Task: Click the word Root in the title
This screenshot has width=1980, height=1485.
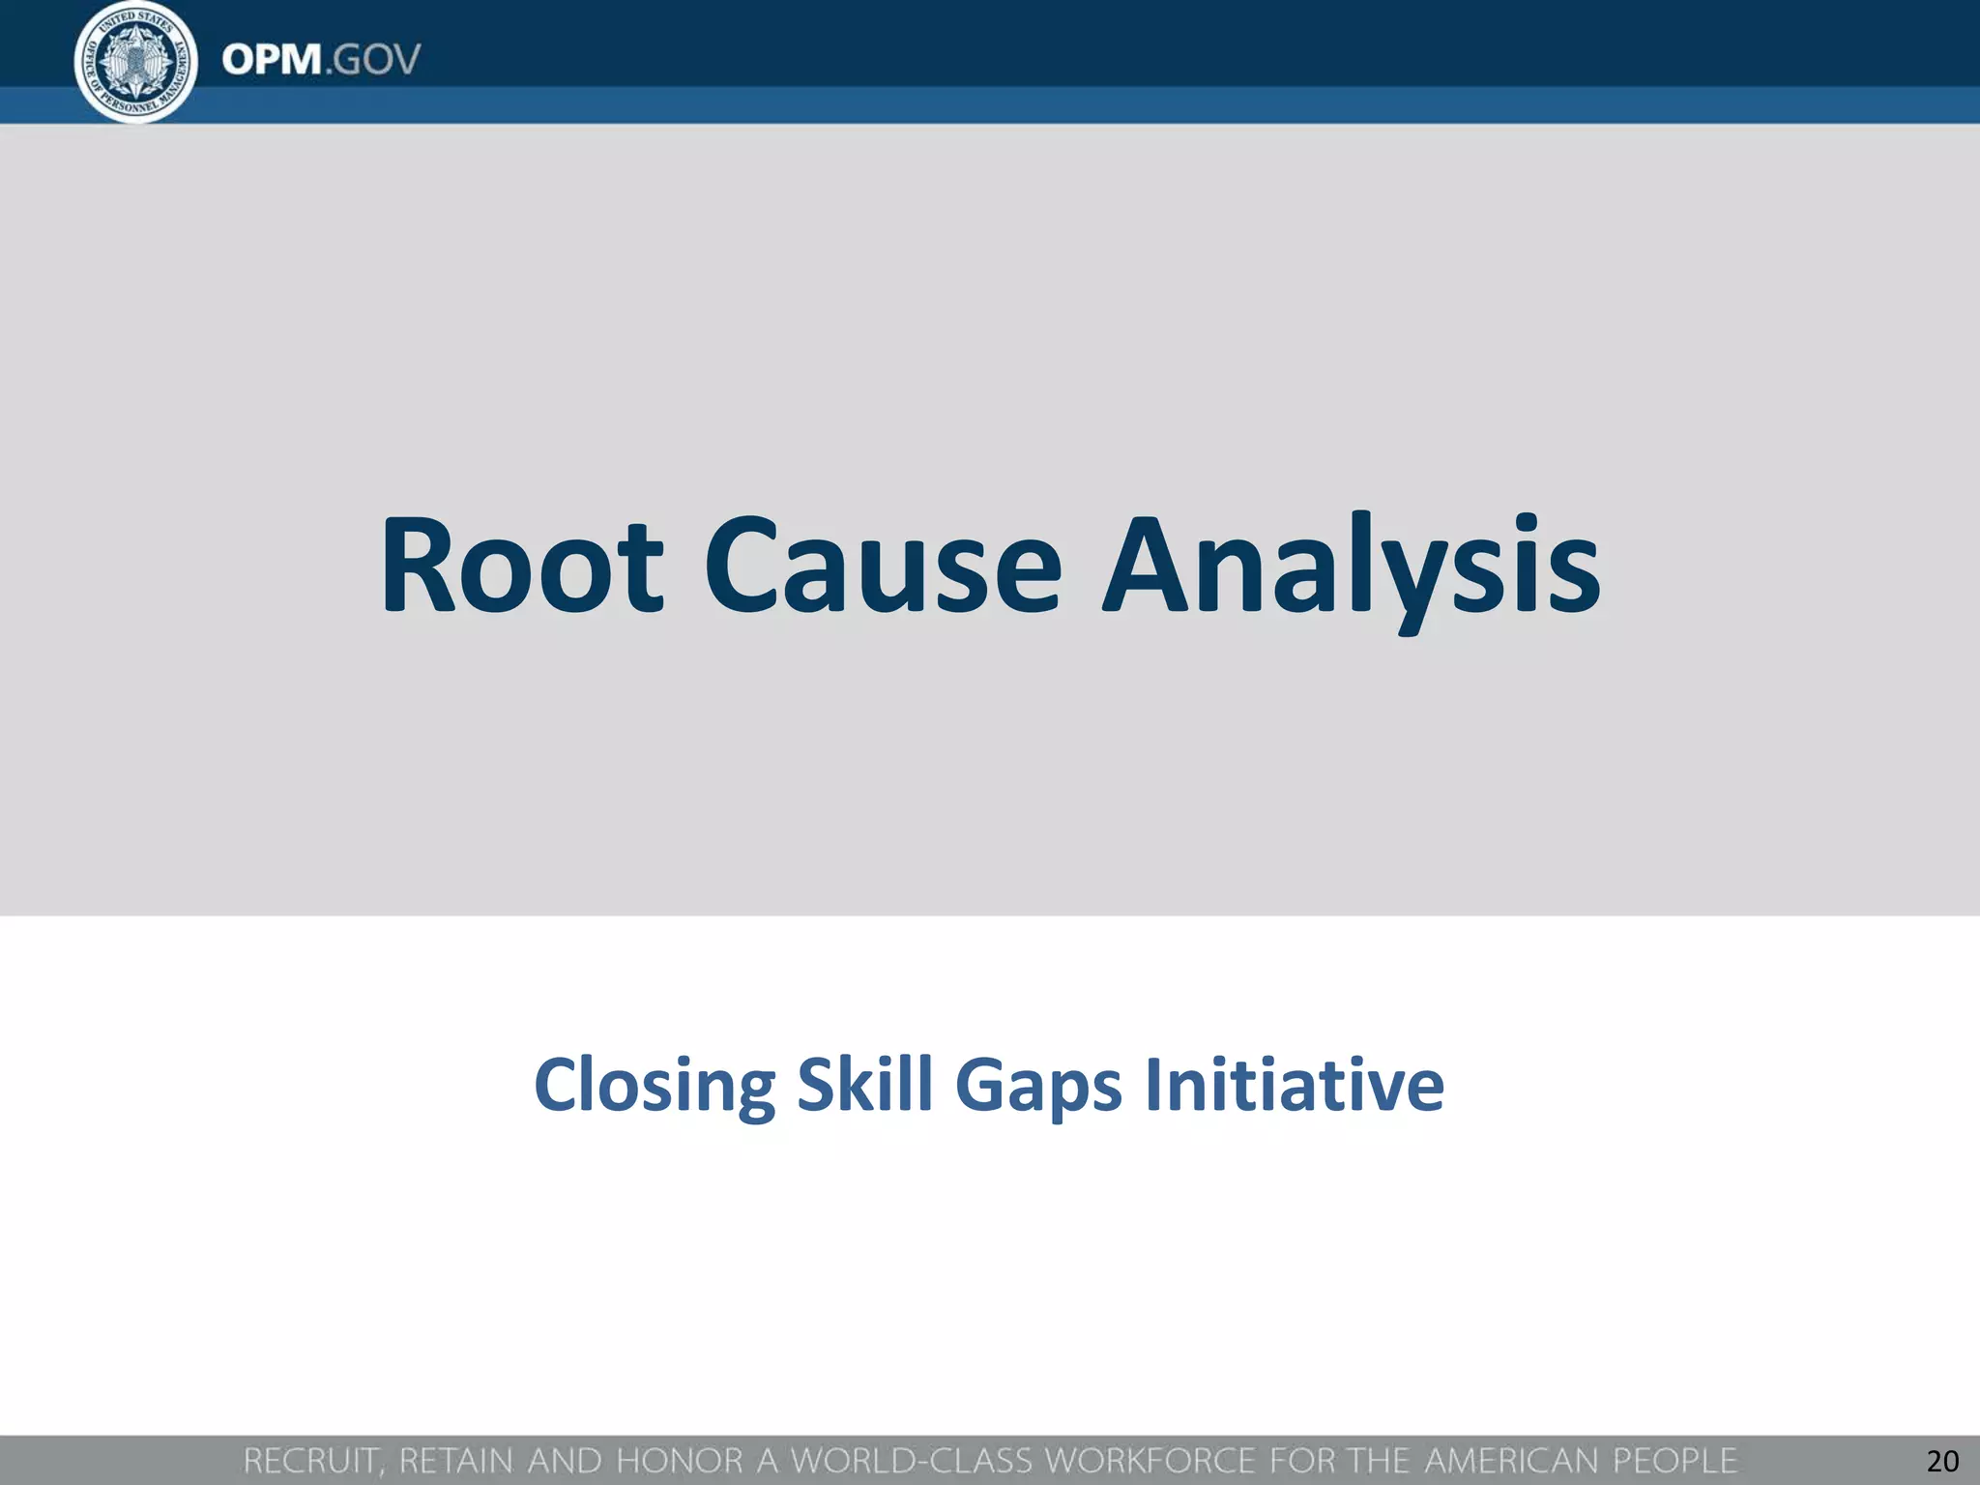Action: click(x=522, y=568)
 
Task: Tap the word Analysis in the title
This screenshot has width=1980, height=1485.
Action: click(x=1352, y=568)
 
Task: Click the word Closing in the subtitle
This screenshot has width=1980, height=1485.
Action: click(x=654, y=1086)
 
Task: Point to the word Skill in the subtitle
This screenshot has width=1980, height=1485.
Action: click(x=864, y=1084)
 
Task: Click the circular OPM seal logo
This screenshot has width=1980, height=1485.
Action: click(x=136, y=62)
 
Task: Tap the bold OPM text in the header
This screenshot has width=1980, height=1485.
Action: click(x=272, y=60)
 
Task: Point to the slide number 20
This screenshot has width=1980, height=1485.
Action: click(x=1942, y=1461)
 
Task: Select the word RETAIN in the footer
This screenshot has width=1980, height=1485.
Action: click(x=456, y=1461)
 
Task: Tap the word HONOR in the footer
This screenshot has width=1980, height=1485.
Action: click(x=680, y=1461)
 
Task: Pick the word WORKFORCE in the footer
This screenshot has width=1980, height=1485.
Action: click(x=1150, y=1461)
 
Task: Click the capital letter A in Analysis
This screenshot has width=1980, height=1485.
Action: click(x=1147, y=568)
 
